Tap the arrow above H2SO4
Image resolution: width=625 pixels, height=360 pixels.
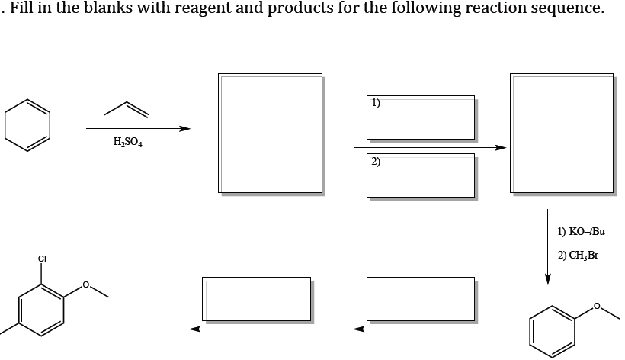pos(137,128)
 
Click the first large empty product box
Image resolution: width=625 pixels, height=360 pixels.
pos(270,133)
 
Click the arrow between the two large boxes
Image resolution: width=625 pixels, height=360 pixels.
pos(431,146)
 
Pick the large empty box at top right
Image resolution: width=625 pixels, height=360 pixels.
pos(562,133)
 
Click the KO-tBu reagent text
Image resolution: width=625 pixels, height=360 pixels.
pos(581,230)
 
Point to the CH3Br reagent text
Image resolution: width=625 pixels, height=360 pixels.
pos(578,255)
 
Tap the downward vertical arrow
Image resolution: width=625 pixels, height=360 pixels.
pos(547,244)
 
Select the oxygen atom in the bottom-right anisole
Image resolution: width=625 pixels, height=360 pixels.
pos(598,307)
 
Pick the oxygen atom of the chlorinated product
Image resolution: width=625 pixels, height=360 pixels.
pos(86,285)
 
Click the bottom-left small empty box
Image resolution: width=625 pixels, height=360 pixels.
pos(256,297)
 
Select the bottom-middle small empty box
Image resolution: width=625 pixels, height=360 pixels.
pos(421,297)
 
